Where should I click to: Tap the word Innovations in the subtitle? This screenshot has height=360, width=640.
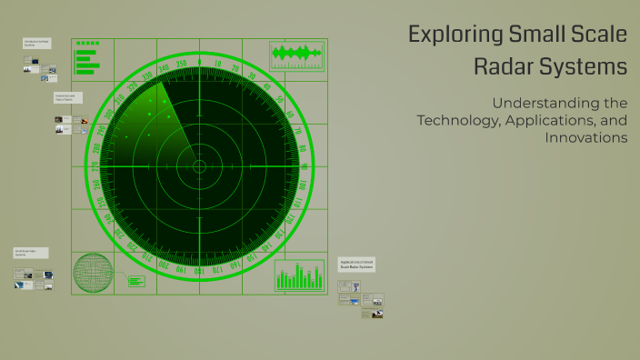(586, 138)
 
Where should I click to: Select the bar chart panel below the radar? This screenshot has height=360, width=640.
(299, 275)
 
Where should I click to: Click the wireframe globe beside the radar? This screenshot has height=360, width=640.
(95, 275)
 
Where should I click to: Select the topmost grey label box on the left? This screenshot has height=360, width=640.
(37, 43)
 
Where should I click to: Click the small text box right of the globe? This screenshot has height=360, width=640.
(136, 281)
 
